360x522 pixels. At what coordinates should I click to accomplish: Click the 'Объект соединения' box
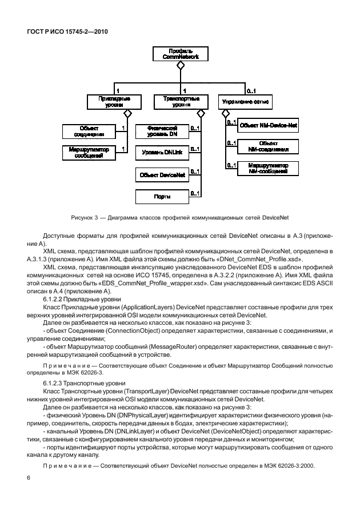click(89, 132)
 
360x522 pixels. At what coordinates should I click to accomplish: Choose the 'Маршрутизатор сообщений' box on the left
click(89, 153)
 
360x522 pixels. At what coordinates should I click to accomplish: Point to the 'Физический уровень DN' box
click(162, 132)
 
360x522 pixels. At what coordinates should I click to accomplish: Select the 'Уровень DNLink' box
click(162, 153)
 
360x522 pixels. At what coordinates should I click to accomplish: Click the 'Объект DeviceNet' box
click(162, 175)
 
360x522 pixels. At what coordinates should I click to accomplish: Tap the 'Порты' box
click(162, 197)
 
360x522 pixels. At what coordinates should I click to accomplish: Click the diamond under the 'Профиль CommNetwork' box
click(180, 67)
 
